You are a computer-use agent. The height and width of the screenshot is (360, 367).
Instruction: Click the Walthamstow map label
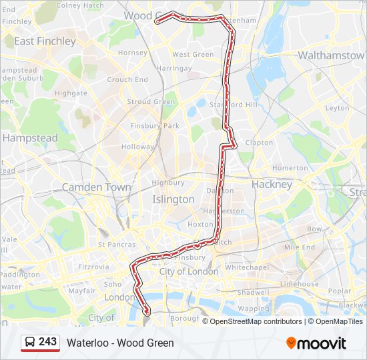point(331,55)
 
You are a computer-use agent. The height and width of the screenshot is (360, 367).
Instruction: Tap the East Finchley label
point(45,41)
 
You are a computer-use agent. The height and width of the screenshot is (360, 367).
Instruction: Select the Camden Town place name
point(97,187)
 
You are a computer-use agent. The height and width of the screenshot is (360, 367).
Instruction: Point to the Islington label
point(173,199)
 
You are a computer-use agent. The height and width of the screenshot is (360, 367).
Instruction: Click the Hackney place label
point(272,184)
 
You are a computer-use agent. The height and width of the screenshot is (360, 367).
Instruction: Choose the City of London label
point(189,272)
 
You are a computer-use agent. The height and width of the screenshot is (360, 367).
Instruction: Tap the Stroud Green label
point(151,102)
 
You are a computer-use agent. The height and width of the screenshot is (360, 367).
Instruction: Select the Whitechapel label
point(247,267)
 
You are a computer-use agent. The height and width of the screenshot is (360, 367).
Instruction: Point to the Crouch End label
point(127,79)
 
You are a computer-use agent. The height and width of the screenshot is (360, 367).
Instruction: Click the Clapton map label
point(259,143)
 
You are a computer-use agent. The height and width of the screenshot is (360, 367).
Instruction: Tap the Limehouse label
point(300,283)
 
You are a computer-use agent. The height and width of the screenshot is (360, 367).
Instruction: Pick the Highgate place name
point(71,94)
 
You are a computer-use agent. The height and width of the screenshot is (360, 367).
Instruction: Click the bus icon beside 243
point(30,342)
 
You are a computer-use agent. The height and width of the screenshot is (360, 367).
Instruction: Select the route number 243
point(47,341)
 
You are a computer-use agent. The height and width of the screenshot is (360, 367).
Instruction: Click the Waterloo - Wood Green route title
point(120,343)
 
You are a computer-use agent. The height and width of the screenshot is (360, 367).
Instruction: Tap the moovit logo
point(316,343)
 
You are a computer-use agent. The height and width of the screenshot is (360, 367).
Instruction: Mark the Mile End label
point(300,247)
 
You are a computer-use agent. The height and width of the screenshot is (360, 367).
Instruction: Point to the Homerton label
point(290,168)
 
